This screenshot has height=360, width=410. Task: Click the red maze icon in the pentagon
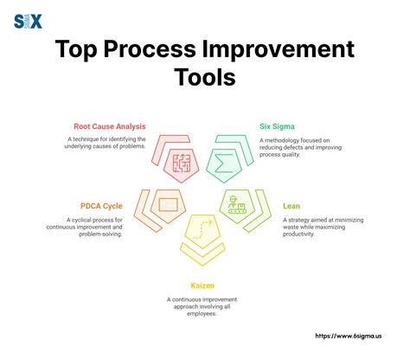coord(182,162)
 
